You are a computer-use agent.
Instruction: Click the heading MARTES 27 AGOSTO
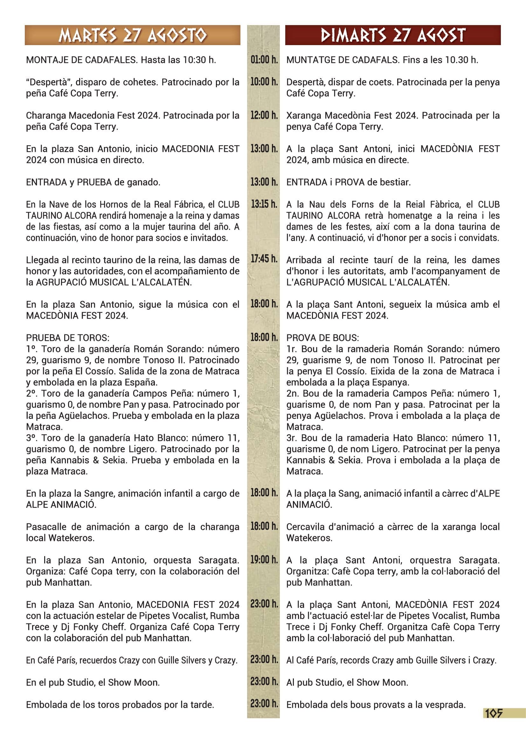[x=132, y=35]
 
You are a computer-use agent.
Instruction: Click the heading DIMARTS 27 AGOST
[x=392, y=35]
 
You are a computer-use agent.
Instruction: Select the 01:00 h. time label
[x=264, y=60]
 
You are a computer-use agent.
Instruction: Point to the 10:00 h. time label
[x=264, y=82]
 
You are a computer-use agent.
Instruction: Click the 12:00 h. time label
[x=264, y=115]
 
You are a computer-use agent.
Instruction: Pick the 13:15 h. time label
[x=264, y=204]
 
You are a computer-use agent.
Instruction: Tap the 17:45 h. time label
[x=264, y=259]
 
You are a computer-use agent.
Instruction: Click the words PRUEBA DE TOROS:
[x=68, y=338]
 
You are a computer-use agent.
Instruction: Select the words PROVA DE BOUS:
[x=322, y=338]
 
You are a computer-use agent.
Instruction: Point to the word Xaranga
[x=303, y=116]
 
